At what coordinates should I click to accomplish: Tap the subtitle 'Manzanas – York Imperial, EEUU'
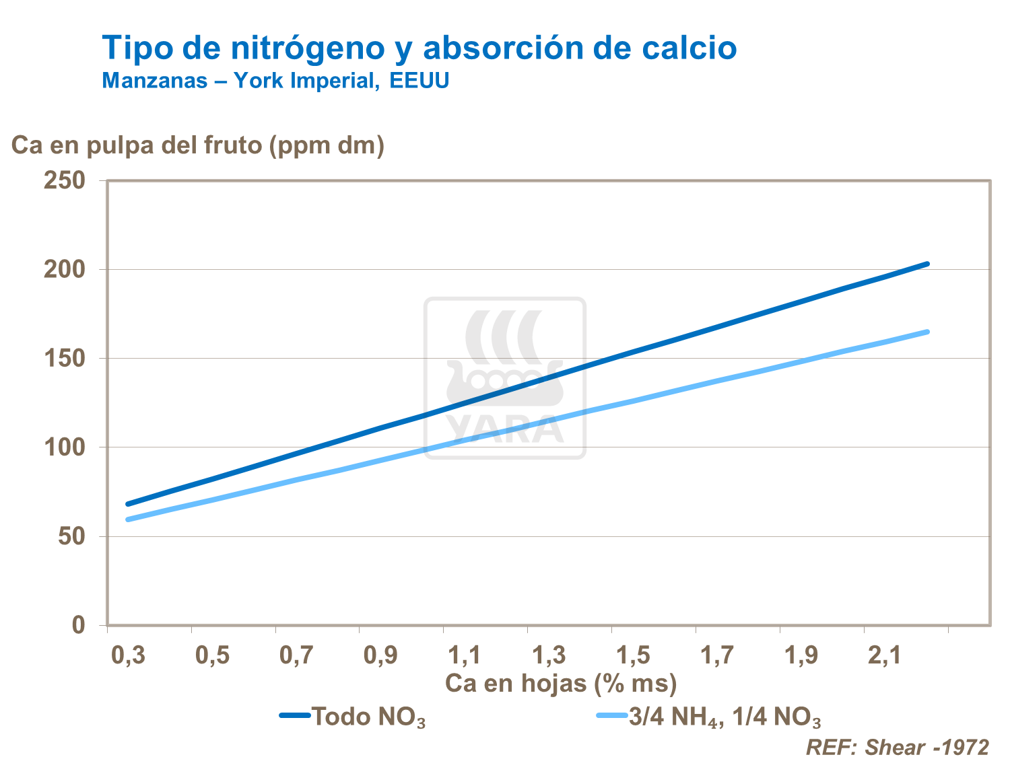[x=275, y=81]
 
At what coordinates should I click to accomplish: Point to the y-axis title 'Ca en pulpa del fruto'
[x=198, y=145]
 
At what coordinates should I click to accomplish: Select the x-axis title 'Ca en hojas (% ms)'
[x=560, y=684]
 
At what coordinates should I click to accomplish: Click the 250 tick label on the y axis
[x=65, y=180]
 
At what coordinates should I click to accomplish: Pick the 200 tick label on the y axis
[x=65, y=269]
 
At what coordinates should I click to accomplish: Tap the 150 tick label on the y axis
[x=65, y=359]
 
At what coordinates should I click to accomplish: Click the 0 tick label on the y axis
[x=79, y=625]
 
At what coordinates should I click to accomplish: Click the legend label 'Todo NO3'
[x=368, y=717]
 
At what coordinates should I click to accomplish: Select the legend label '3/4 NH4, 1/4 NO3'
[x=725, y=717]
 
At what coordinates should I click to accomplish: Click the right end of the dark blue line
[x=928, y=264]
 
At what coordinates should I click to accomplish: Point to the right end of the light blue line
[x=928, y=332]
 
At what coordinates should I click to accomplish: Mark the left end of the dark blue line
[x=128, y=504]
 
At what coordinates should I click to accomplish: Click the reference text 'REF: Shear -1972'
[x=898, y=747]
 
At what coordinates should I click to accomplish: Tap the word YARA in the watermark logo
[x=505, y=428]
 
